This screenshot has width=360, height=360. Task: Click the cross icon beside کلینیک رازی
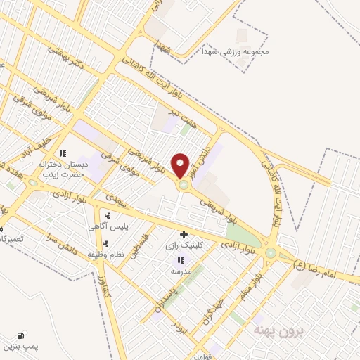[x=184, y=234]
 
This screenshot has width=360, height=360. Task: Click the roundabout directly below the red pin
[x=184, y=186]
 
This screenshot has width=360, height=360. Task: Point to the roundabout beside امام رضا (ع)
[x=271, y=252]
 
